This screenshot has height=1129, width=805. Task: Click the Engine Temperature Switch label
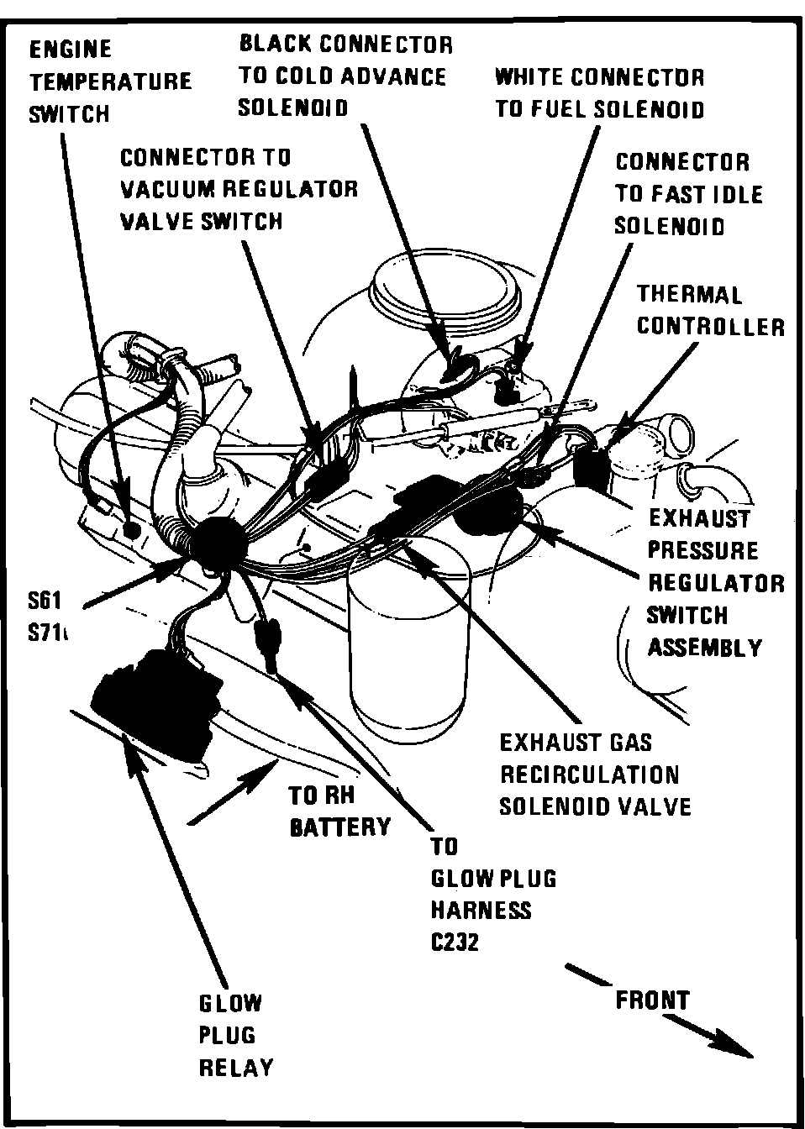[x=109, y=81]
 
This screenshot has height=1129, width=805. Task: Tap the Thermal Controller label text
[x=710, y=310]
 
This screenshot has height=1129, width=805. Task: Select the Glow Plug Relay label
[x=236, y=1035]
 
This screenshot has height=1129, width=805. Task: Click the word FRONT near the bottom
[x=651, y=1000]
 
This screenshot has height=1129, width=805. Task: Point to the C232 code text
[x=455, y=943]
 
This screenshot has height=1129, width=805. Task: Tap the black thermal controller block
[x=593, y=466]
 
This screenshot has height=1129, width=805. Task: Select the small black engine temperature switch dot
[x=130, y=530]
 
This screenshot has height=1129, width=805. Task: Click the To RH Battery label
[x=339, y=811]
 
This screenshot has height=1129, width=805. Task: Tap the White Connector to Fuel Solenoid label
[x=599, y=93]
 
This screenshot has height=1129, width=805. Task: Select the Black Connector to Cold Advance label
[x=345, y=76]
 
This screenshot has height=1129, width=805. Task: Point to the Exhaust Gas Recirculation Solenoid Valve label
[x=595, y=774]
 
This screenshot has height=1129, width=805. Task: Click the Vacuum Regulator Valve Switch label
[x=239, y=189]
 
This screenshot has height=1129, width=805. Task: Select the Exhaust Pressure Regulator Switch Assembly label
[x=715, y=582]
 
